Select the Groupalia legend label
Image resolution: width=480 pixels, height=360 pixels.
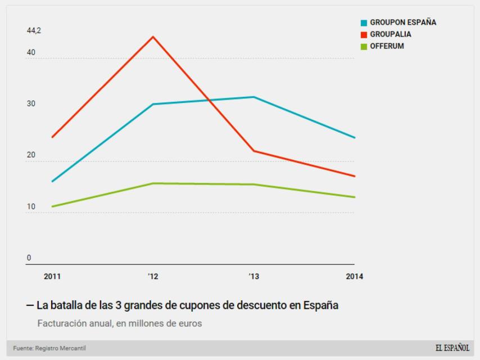click(x=390, y=34)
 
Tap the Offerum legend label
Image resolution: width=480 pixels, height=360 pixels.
click(x=387, y=46)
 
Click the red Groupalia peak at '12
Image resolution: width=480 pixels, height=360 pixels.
click(x=153, y=37)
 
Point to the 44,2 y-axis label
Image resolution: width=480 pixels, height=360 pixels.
click(x=34, y=31)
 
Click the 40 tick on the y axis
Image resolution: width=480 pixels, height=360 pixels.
click(x=31, y=53)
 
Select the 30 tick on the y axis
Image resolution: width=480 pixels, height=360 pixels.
click(x=31, y=104)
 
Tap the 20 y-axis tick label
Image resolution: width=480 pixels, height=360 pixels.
click(x=31, y=156)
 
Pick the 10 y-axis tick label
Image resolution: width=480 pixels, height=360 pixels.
click(x=31, y=207)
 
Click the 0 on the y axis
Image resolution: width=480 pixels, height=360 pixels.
click(x=29, y=258)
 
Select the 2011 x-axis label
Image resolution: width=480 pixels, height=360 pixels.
click(x=52, y=276)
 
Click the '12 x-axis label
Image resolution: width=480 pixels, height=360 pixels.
click(x=153, y=276)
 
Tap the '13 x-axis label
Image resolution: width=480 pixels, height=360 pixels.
click(x=254, y=276)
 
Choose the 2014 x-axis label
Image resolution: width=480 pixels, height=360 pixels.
click(x=354, y=276)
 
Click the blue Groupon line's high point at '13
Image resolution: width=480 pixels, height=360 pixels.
click(x=254, y=97)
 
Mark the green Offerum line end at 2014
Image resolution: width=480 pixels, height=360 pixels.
click(x=355, y=197)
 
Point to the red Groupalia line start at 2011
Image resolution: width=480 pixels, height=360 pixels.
click(x=52, y=137)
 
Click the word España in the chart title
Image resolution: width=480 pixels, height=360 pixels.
click(x=320, y=306)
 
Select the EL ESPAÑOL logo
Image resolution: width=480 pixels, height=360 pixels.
click(x=451, y=348)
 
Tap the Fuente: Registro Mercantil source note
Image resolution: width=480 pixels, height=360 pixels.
click(x=49, y=349)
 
